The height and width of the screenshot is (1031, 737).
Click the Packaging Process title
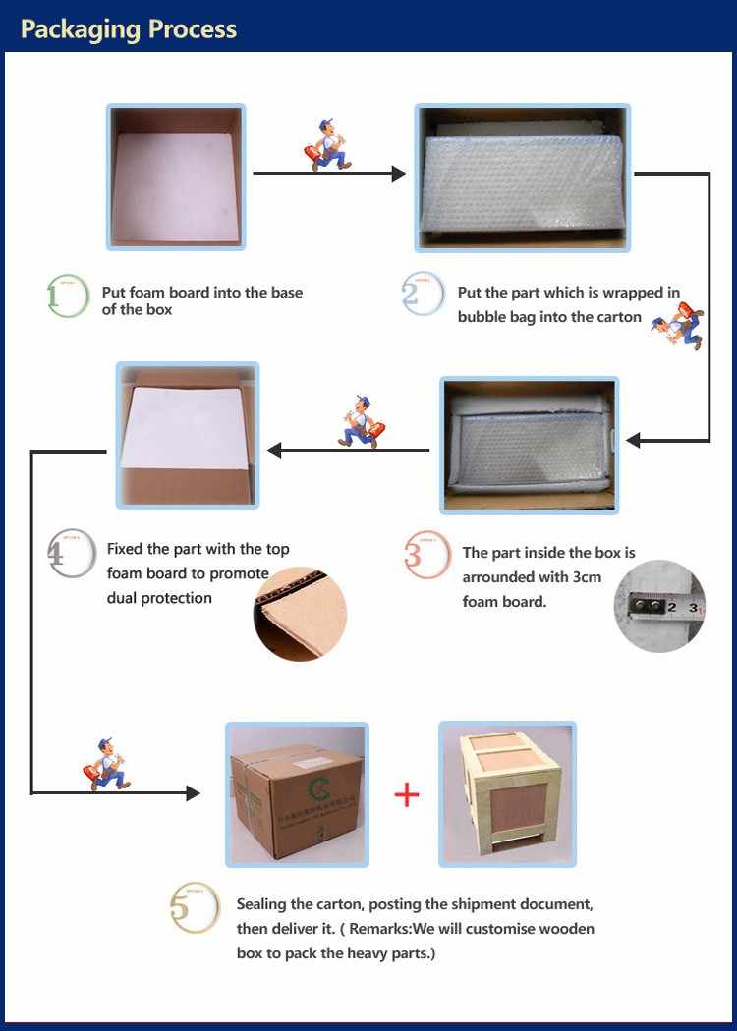pos(129,28)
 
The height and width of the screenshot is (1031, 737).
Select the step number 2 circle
pos(423,296)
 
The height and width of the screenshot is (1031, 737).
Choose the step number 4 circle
pos(71,554)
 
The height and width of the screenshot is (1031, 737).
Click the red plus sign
pos(406,794)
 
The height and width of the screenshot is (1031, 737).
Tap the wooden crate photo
pos(507,794)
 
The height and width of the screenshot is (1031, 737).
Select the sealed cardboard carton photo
pos(297,794)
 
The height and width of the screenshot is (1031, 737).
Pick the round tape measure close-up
pos(659,606)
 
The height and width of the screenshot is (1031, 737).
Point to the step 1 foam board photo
pos(176,178)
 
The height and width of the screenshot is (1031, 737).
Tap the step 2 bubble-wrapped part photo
pos(522,178)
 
